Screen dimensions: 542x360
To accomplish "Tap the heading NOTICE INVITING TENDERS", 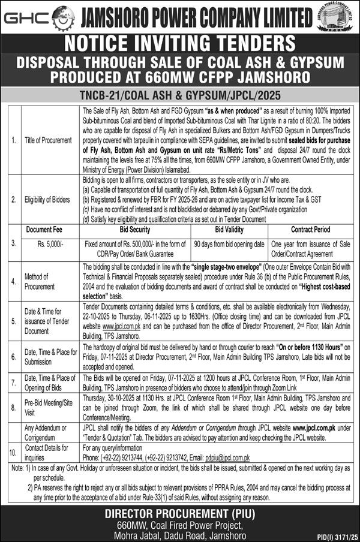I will point(179,44).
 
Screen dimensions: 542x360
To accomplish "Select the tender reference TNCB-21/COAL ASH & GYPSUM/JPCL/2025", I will point(179,95).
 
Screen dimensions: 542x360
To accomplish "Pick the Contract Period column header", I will point(311,229).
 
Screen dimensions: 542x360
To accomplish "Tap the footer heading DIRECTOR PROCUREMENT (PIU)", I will point(179,496).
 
